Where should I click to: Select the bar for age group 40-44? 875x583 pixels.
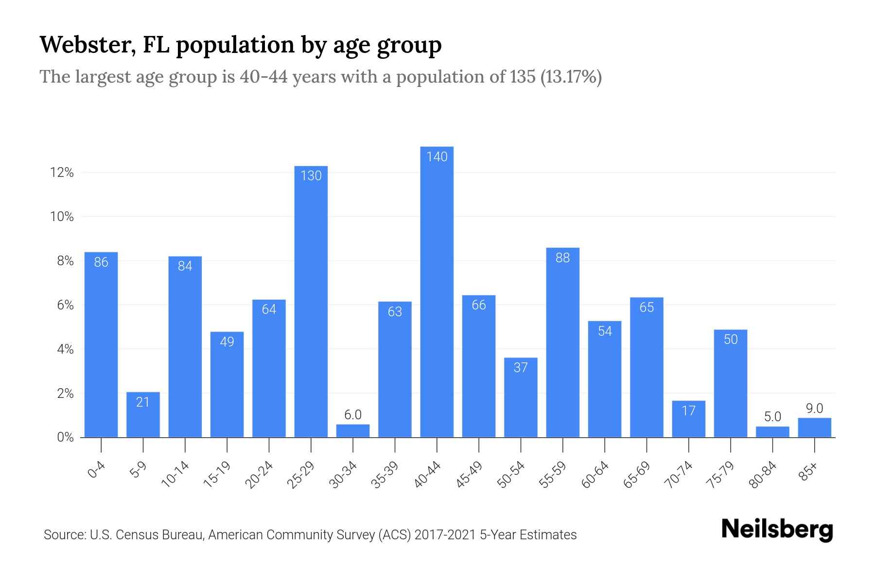pyautogui.click(x=437, y=291)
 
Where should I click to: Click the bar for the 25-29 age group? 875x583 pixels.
pyautogui.click(x=311, y=301)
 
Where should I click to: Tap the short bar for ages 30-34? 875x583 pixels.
pyautogui.click(x=353, y=431)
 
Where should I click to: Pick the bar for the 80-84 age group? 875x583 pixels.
pyautogui.click(x=772, y=432)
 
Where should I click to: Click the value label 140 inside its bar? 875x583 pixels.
pyautogui.click(x=437, y=157)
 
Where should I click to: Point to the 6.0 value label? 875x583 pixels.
pyautogui.click(x=353, y=415)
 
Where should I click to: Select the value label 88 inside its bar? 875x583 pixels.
pyautogui.click(x=562, y=258)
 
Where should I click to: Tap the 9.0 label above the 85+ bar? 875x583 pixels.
pyautogui.click(x=814, y=409)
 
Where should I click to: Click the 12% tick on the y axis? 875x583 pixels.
pyautogui.click(x=62, y=172)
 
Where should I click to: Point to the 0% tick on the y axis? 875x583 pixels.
pyautogui.click(x=65, y=437)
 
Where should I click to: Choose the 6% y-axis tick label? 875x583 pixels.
pyautogui.click(x=65, y=305)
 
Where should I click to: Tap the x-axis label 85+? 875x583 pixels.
pyautogui.click(x=808, y=472)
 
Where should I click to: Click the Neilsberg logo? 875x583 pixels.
pyautogui.click(x=777, y=530)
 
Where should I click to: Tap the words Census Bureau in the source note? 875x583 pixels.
pyautogui.click(x=163, y=535)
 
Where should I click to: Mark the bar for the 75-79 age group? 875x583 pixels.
pyautogui.click(x=730, y=384)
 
